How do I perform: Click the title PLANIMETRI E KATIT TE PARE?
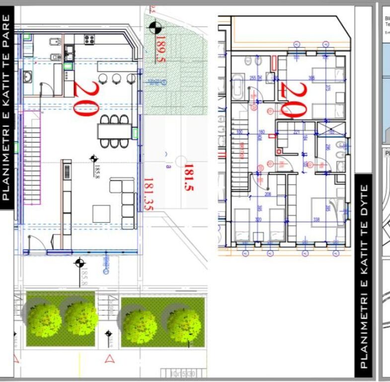[x=6, y=107]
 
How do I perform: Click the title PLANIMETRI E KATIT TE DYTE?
[x=364, y=276]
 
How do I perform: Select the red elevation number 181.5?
[x=188, y=178]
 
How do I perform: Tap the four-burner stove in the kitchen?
[x=90, y=39]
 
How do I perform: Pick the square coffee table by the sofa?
[x=102, y=213]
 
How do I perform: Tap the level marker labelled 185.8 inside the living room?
[x=93, y=159]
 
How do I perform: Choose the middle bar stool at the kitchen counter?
[x=117, y=78]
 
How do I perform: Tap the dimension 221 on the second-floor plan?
[x=297, y=132]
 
